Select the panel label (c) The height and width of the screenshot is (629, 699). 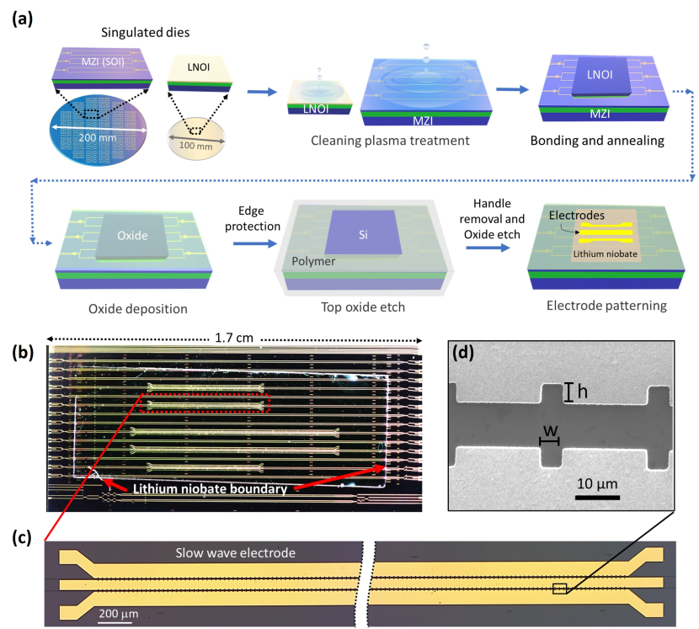(x=20, y=536)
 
